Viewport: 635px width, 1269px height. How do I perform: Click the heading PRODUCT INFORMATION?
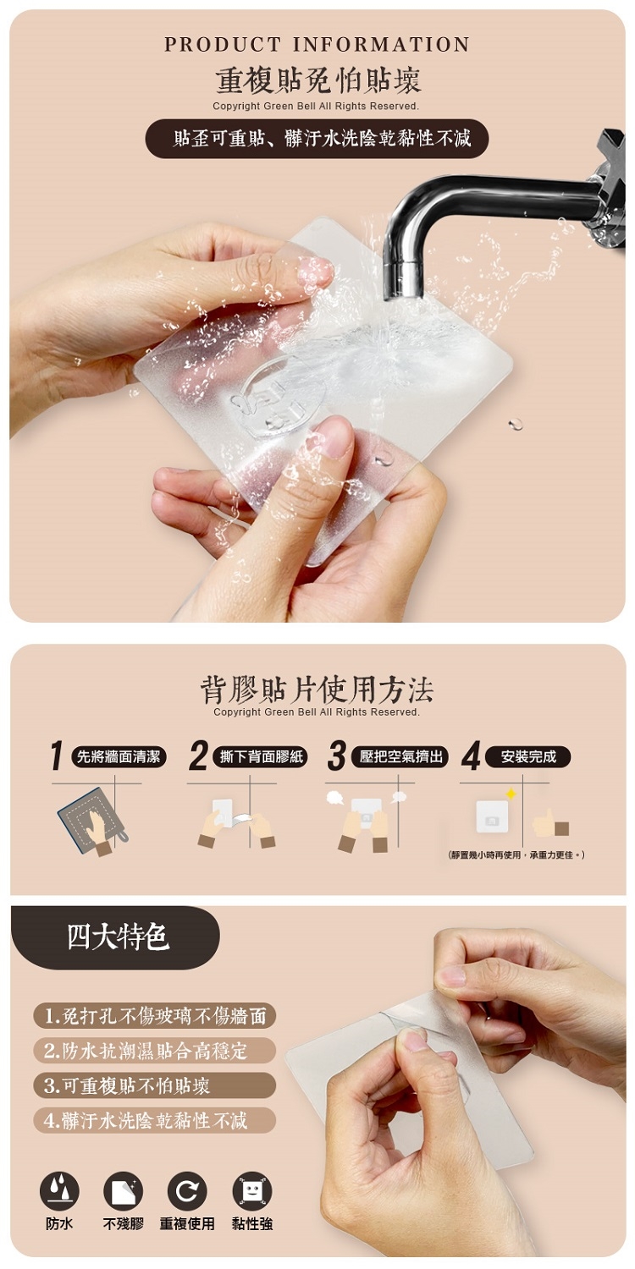[x=317, y=44]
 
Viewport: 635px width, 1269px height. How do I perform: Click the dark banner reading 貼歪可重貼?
[x=317, y=138]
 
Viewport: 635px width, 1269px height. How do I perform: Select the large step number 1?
[x=56, y=755]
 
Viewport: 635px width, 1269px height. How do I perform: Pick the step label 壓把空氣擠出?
[x=400, y=757]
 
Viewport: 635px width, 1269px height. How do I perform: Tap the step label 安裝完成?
[x=528, y=757]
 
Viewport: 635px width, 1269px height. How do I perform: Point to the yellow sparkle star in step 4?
[x=511, y=794]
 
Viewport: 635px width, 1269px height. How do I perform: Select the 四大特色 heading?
[x=118, y=936]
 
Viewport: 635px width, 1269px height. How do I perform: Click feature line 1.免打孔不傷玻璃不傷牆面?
[x=155, y=1016]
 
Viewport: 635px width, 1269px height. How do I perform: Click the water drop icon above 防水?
[x=59, y=1191]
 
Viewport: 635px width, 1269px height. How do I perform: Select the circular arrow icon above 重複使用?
[x=187, y=1191]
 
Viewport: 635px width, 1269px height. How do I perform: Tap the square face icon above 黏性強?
[x=252, y=1191]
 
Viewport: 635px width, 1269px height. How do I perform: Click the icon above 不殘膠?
[x=123, y=1191]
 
